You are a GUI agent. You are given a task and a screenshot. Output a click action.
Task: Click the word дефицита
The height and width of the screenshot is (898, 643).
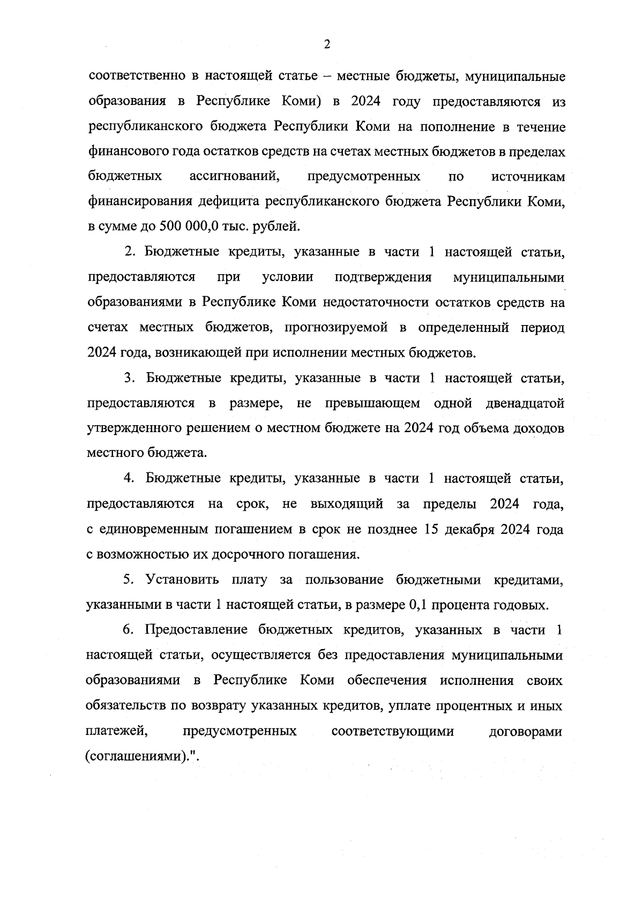pyautogui.click(x=229, y=201)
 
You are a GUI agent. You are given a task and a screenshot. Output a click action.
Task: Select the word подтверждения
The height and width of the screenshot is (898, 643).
pyautogui.click(x=383, y=277)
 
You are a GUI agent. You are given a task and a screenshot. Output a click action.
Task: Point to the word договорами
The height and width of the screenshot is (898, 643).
pyautogui.click(x=526, y=731)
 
